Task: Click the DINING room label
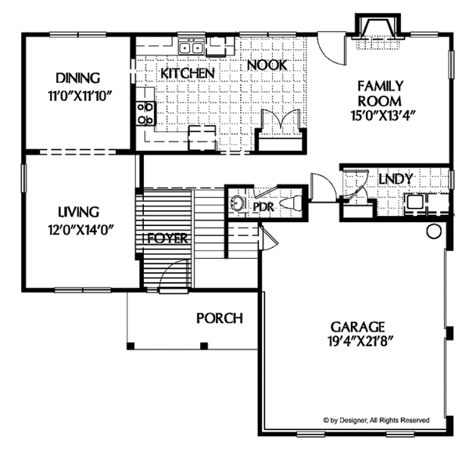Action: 77,78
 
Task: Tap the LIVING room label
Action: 77,211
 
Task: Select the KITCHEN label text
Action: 188,73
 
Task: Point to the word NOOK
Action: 267,66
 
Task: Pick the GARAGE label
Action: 360,326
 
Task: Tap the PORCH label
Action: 219,318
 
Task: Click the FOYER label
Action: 167,239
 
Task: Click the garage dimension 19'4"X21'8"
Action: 360,342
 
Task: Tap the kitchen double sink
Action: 191,48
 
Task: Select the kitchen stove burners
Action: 145,113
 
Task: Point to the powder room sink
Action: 237,206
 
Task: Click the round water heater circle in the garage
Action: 434,232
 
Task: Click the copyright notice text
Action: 386,421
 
